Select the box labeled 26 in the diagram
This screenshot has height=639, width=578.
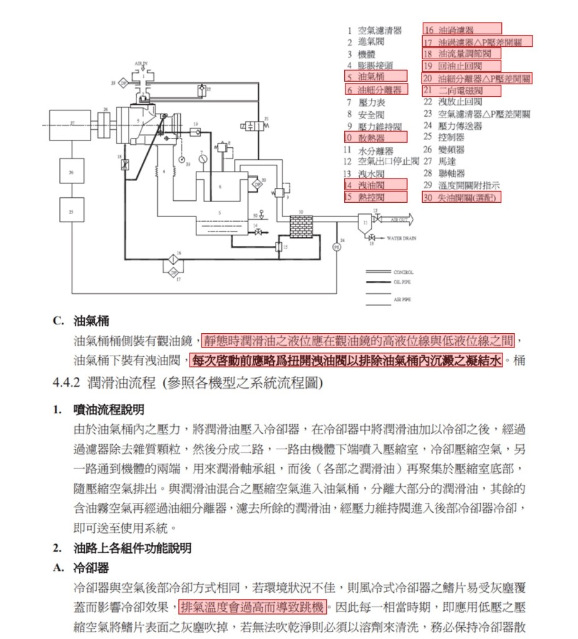[72, 171]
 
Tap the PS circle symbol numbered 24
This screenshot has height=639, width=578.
[337, 246]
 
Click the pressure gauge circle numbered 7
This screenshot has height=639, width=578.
[203, 159]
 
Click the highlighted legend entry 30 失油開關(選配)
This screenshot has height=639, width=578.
[461, 197]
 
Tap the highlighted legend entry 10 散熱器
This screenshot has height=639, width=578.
[375, 137]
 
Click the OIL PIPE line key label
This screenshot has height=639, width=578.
[403, 282]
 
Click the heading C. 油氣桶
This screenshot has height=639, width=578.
[82, 321]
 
